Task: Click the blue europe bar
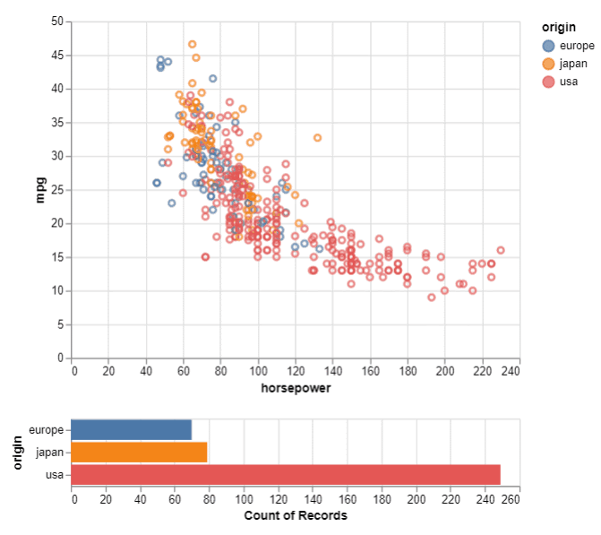click(131, 430)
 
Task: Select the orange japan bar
click(139, 453)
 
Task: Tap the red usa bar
click(285, 475)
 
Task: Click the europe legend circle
click(548, 46)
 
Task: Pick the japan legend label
click(573, 64)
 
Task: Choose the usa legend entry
click(569, 82)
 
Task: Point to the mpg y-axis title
click(40, 189)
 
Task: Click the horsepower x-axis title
click(295, 389)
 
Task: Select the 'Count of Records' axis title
click(295, 515)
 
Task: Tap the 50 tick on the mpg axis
click(57, 21)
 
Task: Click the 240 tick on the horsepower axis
click(511, 369)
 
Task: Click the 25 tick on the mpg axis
click(57, 189)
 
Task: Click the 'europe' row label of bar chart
click(47, 430)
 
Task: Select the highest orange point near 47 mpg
click(193, 44)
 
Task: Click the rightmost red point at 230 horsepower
click(501, 250)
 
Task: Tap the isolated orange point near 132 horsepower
click(317, 138)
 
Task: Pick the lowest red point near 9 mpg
click(432, 297)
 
